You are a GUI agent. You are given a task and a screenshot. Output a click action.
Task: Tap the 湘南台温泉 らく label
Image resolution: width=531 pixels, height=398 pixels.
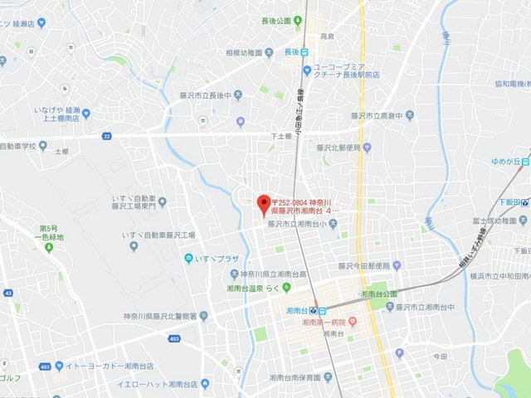[x=254, y=287]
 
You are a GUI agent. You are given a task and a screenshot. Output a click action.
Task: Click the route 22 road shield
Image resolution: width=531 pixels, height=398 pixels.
[x=106, y=135]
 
